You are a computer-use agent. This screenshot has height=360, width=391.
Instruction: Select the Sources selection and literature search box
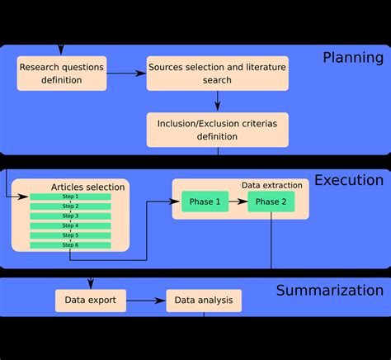[218, 73]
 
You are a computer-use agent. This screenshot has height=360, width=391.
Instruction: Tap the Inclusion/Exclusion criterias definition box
[218, 130]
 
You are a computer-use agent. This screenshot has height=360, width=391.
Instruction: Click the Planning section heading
[353, 58]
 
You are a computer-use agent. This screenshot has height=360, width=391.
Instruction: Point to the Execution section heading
[349, 181]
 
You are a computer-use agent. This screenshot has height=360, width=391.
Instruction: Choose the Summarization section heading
[329, 291]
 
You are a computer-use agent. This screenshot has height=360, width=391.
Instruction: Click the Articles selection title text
[87, 187]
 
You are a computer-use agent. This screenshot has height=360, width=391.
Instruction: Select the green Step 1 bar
[71, 197]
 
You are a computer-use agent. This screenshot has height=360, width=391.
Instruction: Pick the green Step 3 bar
[71, 216]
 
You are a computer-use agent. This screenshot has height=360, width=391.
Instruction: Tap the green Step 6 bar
[71, 245]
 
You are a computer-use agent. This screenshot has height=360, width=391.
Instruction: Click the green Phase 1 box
[205, 202]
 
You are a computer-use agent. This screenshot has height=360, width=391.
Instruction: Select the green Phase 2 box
[271, 202]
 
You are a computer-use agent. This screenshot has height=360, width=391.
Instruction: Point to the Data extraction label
[271, 185]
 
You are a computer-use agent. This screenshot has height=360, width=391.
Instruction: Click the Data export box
[91, 301]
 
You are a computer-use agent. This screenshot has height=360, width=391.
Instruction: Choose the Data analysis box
[204, 301]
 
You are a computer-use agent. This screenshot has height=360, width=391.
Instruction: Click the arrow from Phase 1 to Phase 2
[238, 202]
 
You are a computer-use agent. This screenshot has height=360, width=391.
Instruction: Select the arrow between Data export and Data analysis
[146, 301]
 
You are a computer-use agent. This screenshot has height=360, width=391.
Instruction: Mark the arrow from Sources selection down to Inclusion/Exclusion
[218, 101]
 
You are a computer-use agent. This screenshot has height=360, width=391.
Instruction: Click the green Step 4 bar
[71, 225]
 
